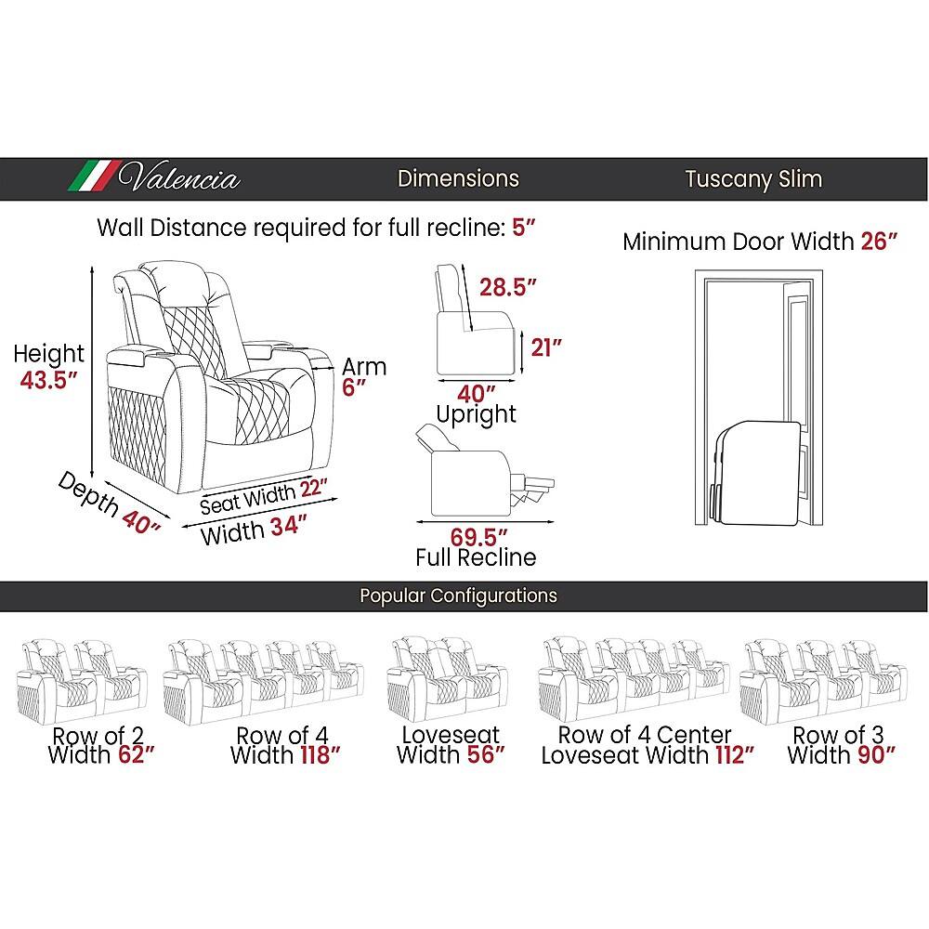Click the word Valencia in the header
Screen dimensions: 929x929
(179, 177)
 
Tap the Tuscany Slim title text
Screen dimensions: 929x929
(753, 179)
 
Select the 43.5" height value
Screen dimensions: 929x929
(49, 380)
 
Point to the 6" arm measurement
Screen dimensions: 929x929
(354, 387)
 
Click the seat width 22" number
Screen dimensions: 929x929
(313, 489)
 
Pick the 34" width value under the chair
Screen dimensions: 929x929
(289, 526)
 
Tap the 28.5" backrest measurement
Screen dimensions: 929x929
(508, 287)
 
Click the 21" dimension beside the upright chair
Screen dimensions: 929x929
(545, 347)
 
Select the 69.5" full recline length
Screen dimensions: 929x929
(478, 537)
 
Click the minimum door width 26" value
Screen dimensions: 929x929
(879, 242)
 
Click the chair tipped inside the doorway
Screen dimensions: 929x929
(754, 473)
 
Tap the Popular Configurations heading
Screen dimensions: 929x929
(459, 595)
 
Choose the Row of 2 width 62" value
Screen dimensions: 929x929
(137, 754)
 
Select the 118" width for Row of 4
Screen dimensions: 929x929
(321, 754)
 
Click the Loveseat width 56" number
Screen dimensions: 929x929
(486, 754)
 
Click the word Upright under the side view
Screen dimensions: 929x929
(477, 414)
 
